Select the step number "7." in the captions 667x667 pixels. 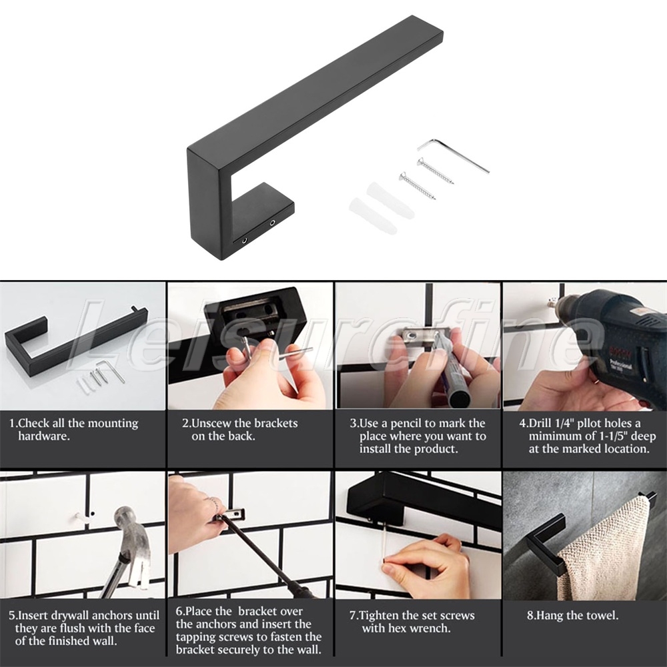click(354, 616)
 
